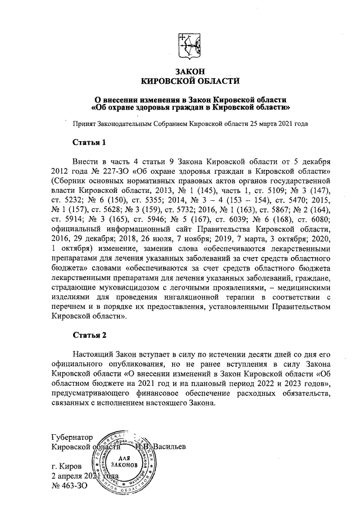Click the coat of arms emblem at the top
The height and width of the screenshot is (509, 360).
click(190, 44)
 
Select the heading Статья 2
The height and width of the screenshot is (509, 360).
click(89, 336)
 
